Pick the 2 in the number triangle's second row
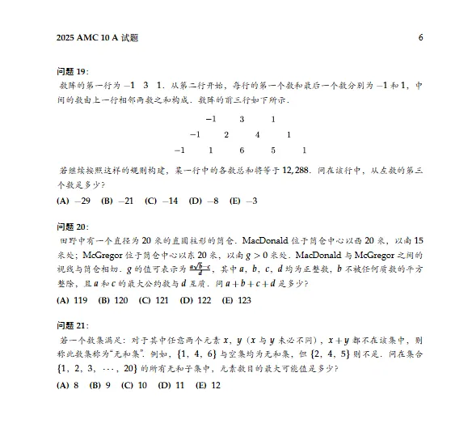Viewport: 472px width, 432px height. (x=226, y=134)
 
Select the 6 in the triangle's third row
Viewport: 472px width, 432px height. (x=242, y=150)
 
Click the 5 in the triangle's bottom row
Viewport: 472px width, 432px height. (x=273, y=150)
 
